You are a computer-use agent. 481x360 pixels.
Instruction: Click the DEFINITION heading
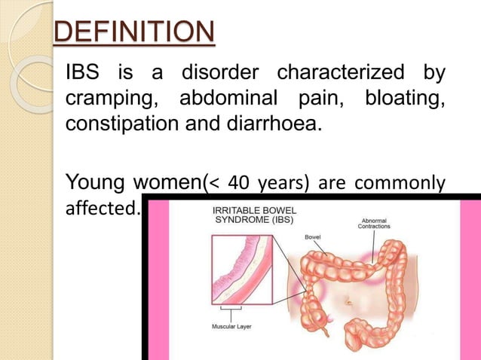click(133, 33)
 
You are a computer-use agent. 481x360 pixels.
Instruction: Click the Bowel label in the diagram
click(313, 236)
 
